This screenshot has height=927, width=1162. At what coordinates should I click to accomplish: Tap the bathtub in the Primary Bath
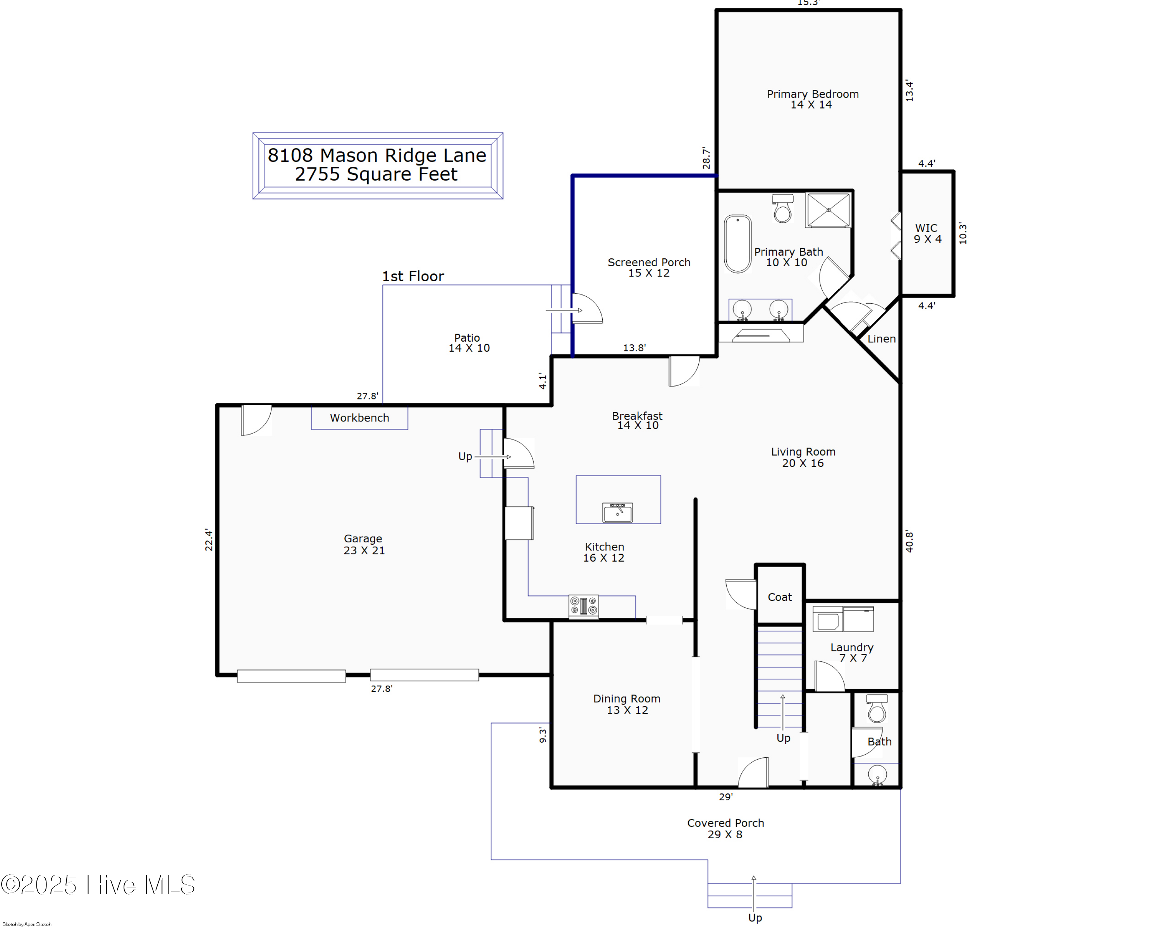point(738,244)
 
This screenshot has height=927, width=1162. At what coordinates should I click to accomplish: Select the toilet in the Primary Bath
point(782,208)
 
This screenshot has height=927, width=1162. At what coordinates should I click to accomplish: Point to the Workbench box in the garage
point(359,418)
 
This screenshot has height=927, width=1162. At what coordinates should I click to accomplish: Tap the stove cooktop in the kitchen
point(584,606)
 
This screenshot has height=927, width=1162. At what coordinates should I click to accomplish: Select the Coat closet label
point(779,597)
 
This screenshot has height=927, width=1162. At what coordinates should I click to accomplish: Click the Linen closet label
point(881,339)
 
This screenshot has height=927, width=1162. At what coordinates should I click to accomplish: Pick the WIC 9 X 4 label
point(927,233)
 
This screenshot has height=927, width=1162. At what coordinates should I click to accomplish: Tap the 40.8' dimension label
point(909,541)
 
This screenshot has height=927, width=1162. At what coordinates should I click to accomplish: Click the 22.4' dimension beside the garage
point(208,540)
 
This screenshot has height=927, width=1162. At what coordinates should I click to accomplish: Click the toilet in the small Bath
point(877,708)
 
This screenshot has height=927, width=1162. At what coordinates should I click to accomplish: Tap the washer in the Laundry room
point(827,619)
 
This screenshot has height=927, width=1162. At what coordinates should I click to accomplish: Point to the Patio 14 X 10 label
point(469,343)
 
